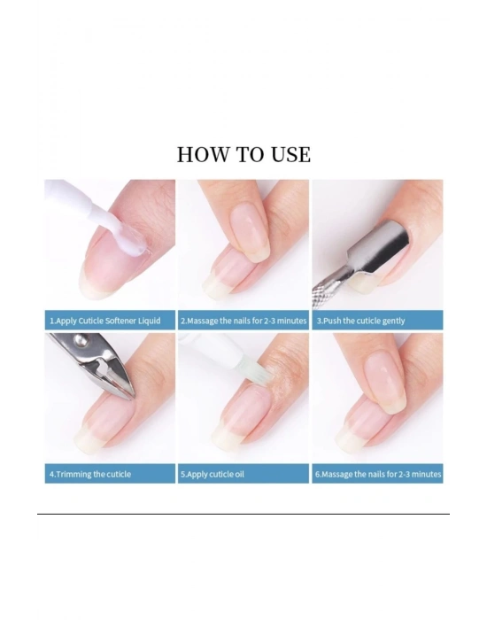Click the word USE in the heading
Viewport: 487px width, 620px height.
[x=291, y=154]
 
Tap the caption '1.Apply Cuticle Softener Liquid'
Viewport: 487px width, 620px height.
[x=105, y=321]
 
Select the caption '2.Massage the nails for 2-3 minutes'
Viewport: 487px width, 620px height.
[x=243, y=321]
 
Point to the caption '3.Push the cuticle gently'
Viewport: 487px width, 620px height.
[x=360, y=321]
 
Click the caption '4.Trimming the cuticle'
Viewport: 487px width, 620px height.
[x=90, y=474]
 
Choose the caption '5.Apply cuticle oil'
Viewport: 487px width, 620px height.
[x=213, y=474]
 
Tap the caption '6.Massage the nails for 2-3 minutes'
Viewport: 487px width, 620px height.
[x=378, y=474]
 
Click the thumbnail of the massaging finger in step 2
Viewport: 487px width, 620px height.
[x=250, y=234]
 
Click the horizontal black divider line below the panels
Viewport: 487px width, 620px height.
[x=243, y=514]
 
